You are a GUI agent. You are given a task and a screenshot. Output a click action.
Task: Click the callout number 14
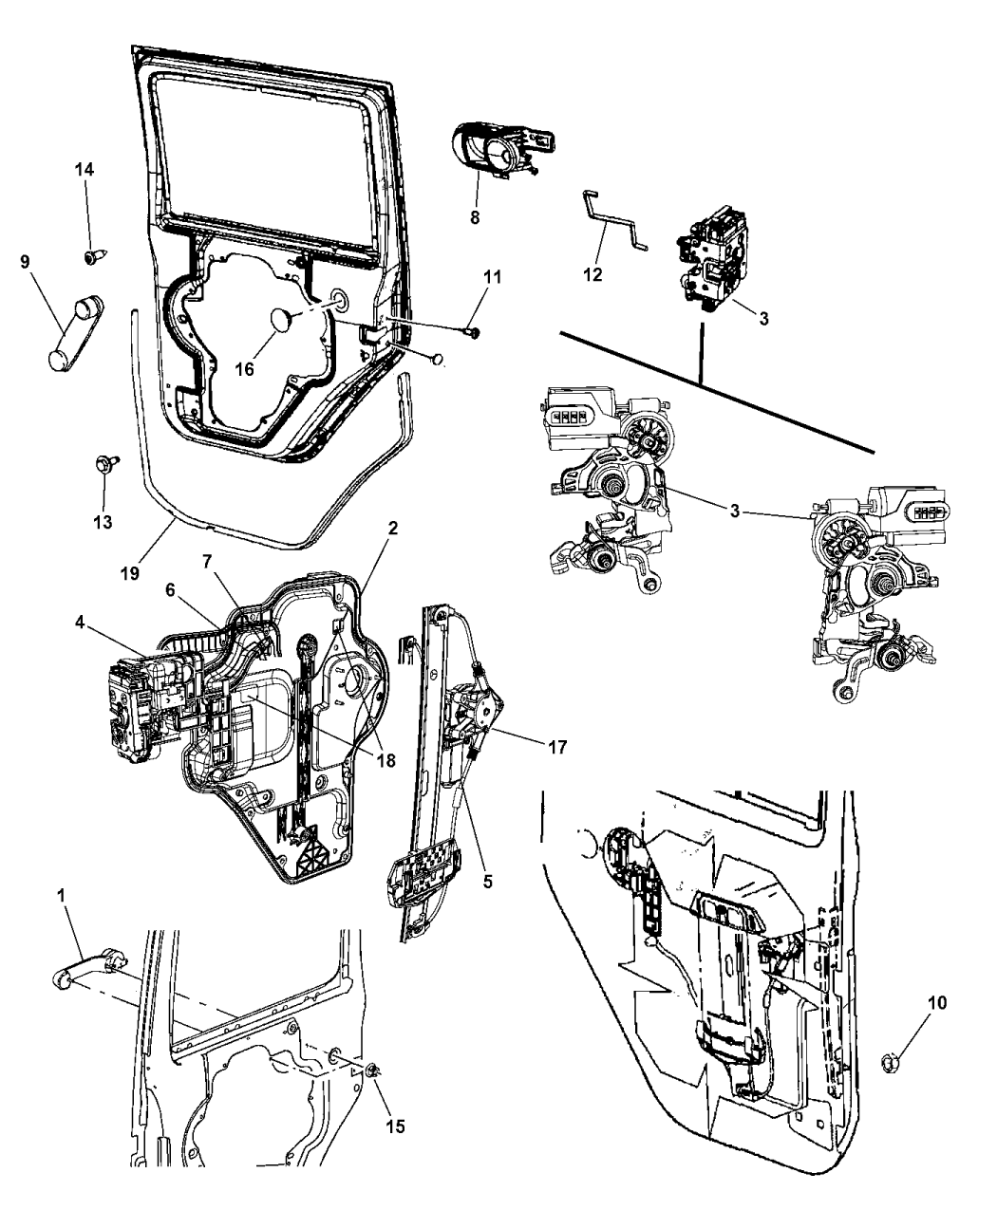(85, 169)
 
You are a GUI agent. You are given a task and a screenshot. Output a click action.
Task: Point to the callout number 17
(556, 747)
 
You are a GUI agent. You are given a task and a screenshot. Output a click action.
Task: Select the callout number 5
(487, 881)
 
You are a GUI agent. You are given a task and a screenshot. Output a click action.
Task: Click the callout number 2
(392, 528)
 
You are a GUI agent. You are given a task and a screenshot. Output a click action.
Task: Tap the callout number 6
(172, 588)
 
